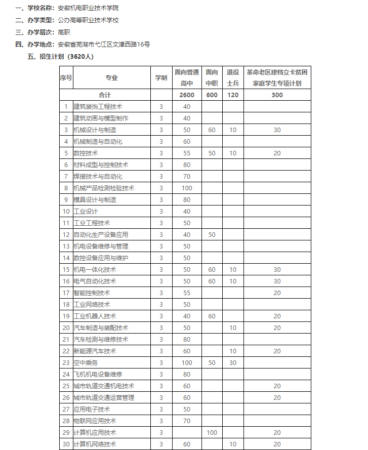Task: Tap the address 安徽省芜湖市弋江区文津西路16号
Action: [x=104, y=45]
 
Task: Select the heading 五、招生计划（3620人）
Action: [x=60, y=57]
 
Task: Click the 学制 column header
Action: [x=161, y=77]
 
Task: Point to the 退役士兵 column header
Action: [x=233, y=77]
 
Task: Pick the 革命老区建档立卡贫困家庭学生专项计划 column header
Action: [x=277, y=77]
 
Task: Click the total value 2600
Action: [x=187, y=95]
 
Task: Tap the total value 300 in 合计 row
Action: [x=277, y=95]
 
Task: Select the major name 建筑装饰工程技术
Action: [x=98, y=107]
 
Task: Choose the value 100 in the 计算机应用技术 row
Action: [x=212, y=433]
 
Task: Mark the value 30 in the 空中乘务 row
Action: [x=233, y=363]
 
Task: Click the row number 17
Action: [x=66, y=293]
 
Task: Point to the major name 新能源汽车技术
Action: [x=95, y=351]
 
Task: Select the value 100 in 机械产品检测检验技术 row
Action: [x=187, y=188]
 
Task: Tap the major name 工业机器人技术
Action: [x=95, y=316]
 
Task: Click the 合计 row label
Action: [x=105, y=95]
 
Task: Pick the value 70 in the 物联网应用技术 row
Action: [x=187, y=421]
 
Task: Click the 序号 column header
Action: [x=66, y=77]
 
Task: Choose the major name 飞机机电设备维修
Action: [x=98, y=375]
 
